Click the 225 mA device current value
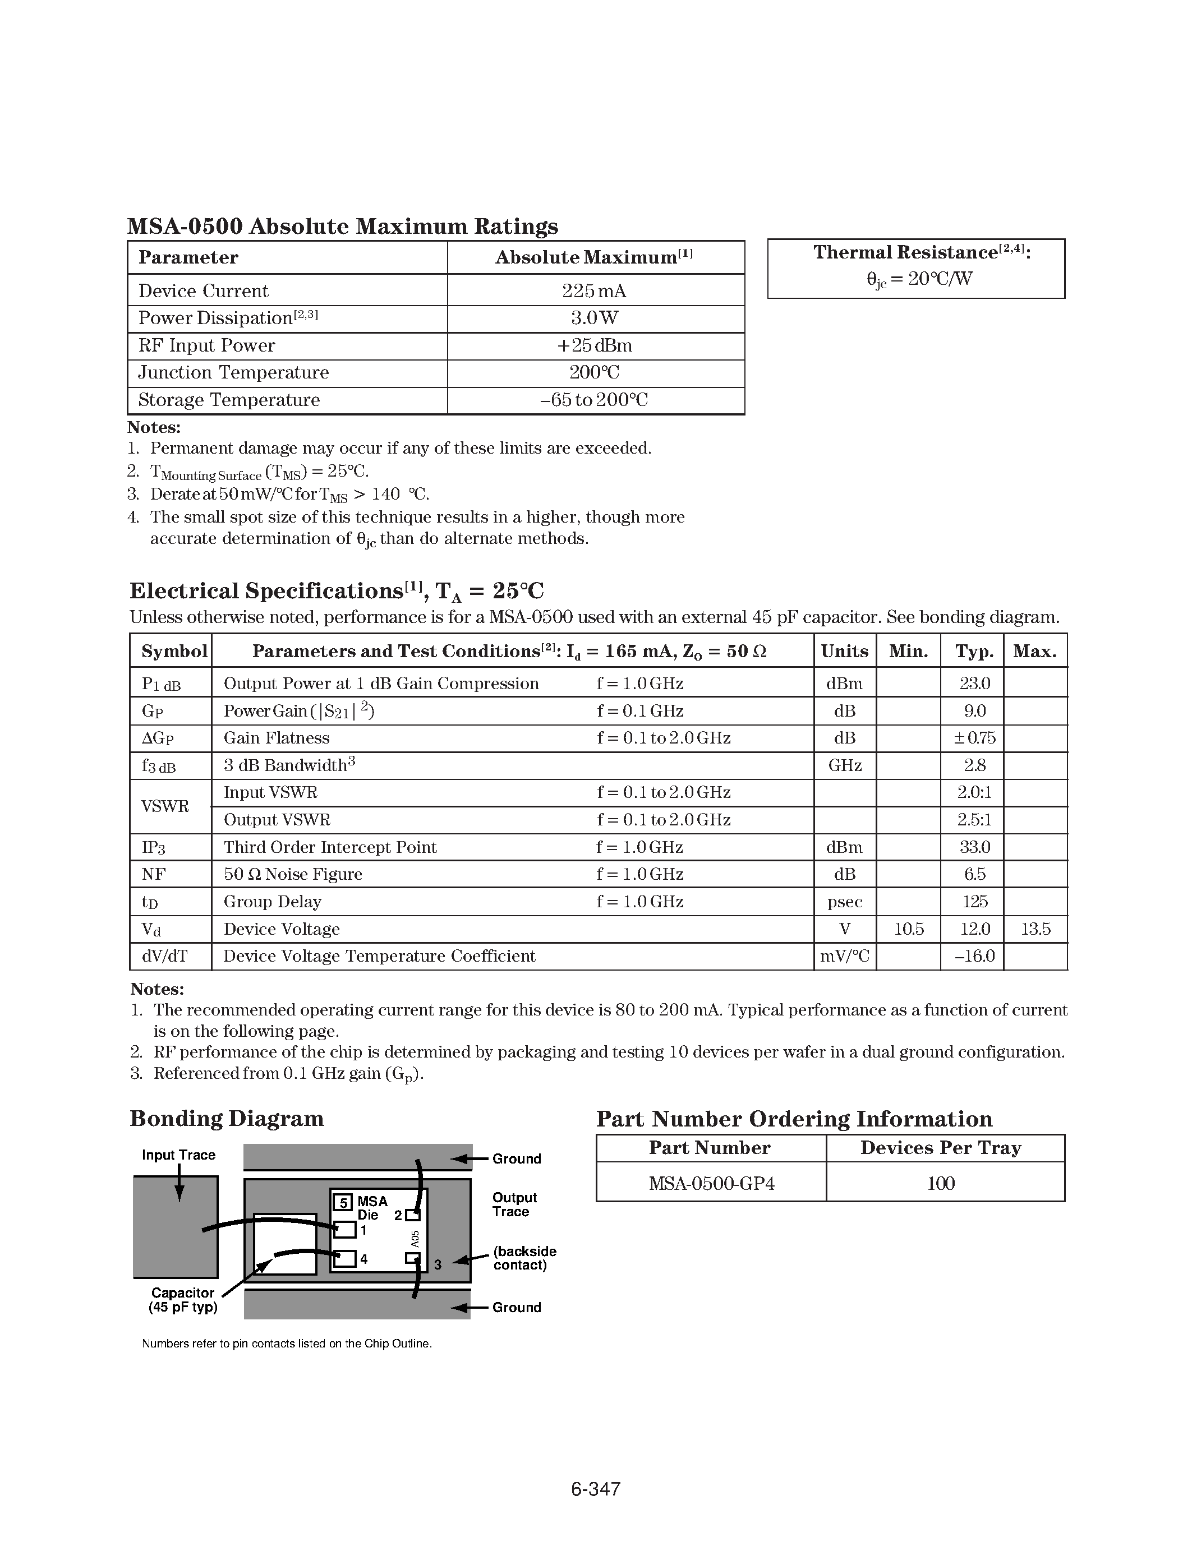pyautogui.click(x=594, y=291)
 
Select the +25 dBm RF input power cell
pyautogui.click(x=594, y=345)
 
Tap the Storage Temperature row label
pyautogui.click(x=229, y=400)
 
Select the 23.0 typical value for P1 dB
pyautogui.click(x=974, y=684)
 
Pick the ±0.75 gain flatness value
pyautogui.click(x=974, y=738)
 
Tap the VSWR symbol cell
pyautogui.click(x=165, y=806)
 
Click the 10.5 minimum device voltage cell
pyautogui.click(x=908, y=929)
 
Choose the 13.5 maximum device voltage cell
pyautogui.click(x=1035, y=929)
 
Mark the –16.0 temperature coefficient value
pyautogui.click(x=974, y=956)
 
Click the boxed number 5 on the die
pyautogui.click(x=343, y=1202)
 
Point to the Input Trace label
pyautogui.click(x=178, y=1155)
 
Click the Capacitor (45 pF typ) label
pyautogui.click(x=182, y=1300)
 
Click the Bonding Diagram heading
pyautogui.click(x=227, y=1119)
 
